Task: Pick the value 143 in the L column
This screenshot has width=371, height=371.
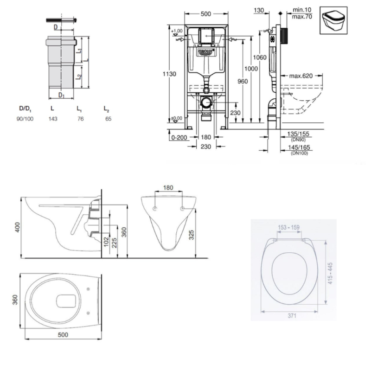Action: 54,119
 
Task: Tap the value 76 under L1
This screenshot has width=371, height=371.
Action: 80,119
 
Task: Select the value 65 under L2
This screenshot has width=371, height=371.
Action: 108,119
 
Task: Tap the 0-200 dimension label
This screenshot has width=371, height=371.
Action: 179,137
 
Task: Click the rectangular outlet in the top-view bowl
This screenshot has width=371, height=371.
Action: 66,301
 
